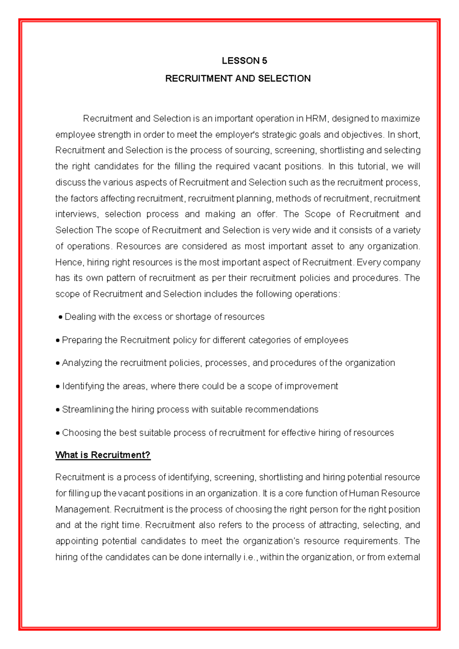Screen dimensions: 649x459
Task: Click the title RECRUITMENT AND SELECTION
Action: click(238, 79)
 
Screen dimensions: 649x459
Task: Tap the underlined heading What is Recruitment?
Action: click(103, 455)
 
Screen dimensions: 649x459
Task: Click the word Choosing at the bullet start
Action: click(78, 433)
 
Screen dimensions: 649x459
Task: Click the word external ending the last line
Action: click(404, 557)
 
